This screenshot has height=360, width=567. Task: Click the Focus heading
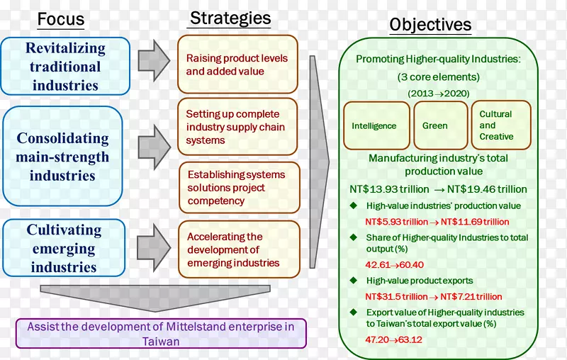point(61,19)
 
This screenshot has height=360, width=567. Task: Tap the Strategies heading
point(230,18)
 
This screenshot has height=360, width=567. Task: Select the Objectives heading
point(430,25)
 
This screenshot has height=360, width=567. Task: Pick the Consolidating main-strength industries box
point(62,156)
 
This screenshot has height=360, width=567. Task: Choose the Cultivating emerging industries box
point(64,248)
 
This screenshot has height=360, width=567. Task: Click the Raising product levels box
point(237,64)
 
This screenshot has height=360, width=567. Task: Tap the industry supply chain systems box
point(237,127)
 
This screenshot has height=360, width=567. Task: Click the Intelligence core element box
point(376,125)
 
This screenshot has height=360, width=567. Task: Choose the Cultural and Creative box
point(500,125)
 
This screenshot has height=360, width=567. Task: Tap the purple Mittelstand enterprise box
point(161,333)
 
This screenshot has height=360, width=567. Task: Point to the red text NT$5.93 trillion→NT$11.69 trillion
point(437,223)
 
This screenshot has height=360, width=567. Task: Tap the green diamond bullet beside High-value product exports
point(354,281)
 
